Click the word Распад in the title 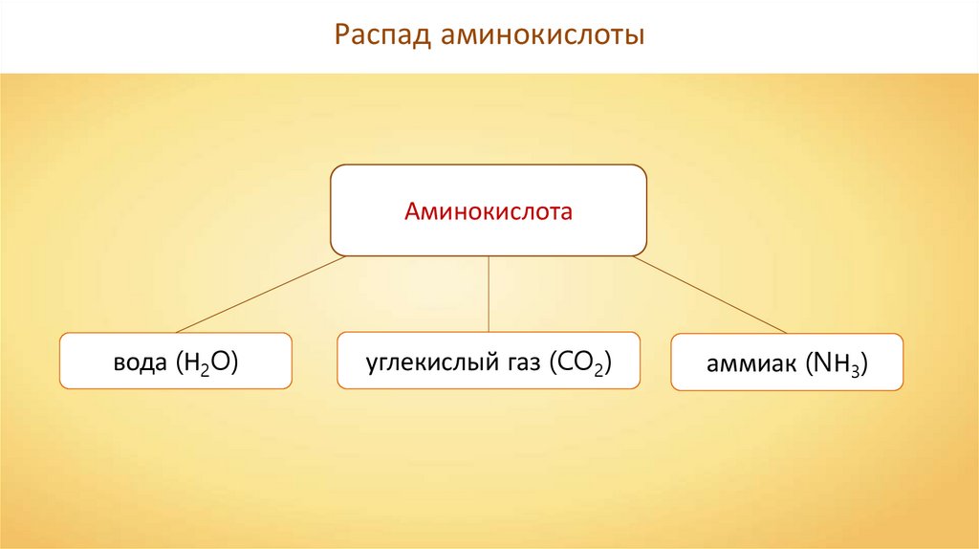point(382,36)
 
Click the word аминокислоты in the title point(542,36)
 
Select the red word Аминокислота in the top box point(488,210)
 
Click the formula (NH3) point(838,363)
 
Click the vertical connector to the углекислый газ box point(489,295)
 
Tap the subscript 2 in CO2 point(597,369)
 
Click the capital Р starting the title point(343,36)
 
